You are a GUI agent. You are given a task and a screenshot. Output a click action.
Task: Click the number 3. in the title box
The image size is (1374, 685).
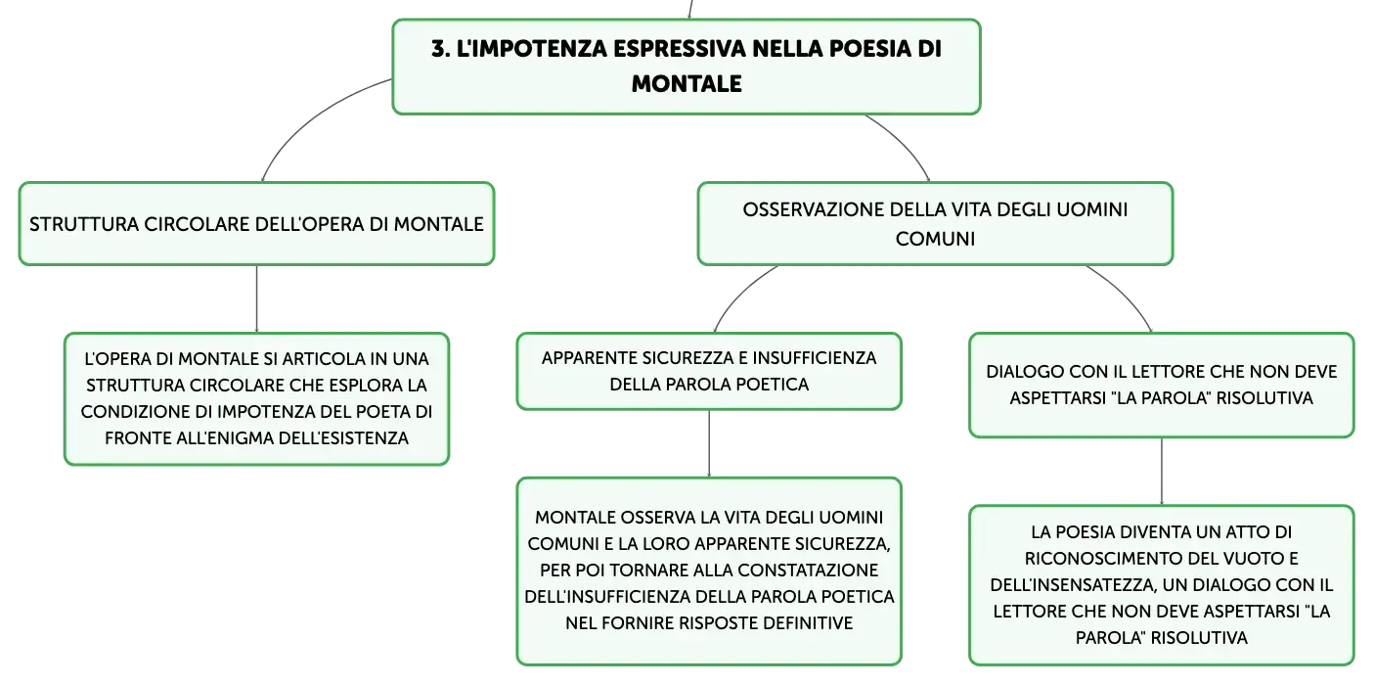pos(440,49)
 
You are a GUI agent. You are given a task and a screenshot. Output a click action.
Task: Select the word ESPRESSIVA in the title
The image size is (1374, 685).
pos(679,49)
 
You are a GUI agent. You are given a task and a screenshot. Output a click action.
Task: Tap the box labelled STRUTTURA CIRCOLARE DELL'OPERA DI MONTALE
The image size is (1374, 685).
pos(256,223)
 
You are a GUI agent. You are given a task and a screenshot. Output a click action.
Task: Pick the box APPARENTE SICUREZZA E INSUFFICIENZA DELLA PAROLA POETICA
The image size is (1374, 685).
pos(709,371)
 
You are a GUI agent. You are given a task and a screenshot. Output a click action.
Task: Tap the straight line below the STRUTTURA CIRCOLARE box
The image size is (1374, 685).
pos(256,298)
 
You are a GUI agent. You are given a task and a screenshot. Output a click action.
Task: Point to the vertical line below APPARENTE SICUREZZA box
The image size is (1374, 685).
pos(709,443)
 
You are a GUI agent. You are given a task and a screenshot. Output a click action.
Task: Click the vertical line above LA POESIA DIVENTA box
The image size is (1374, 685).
pos(1162,472)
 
